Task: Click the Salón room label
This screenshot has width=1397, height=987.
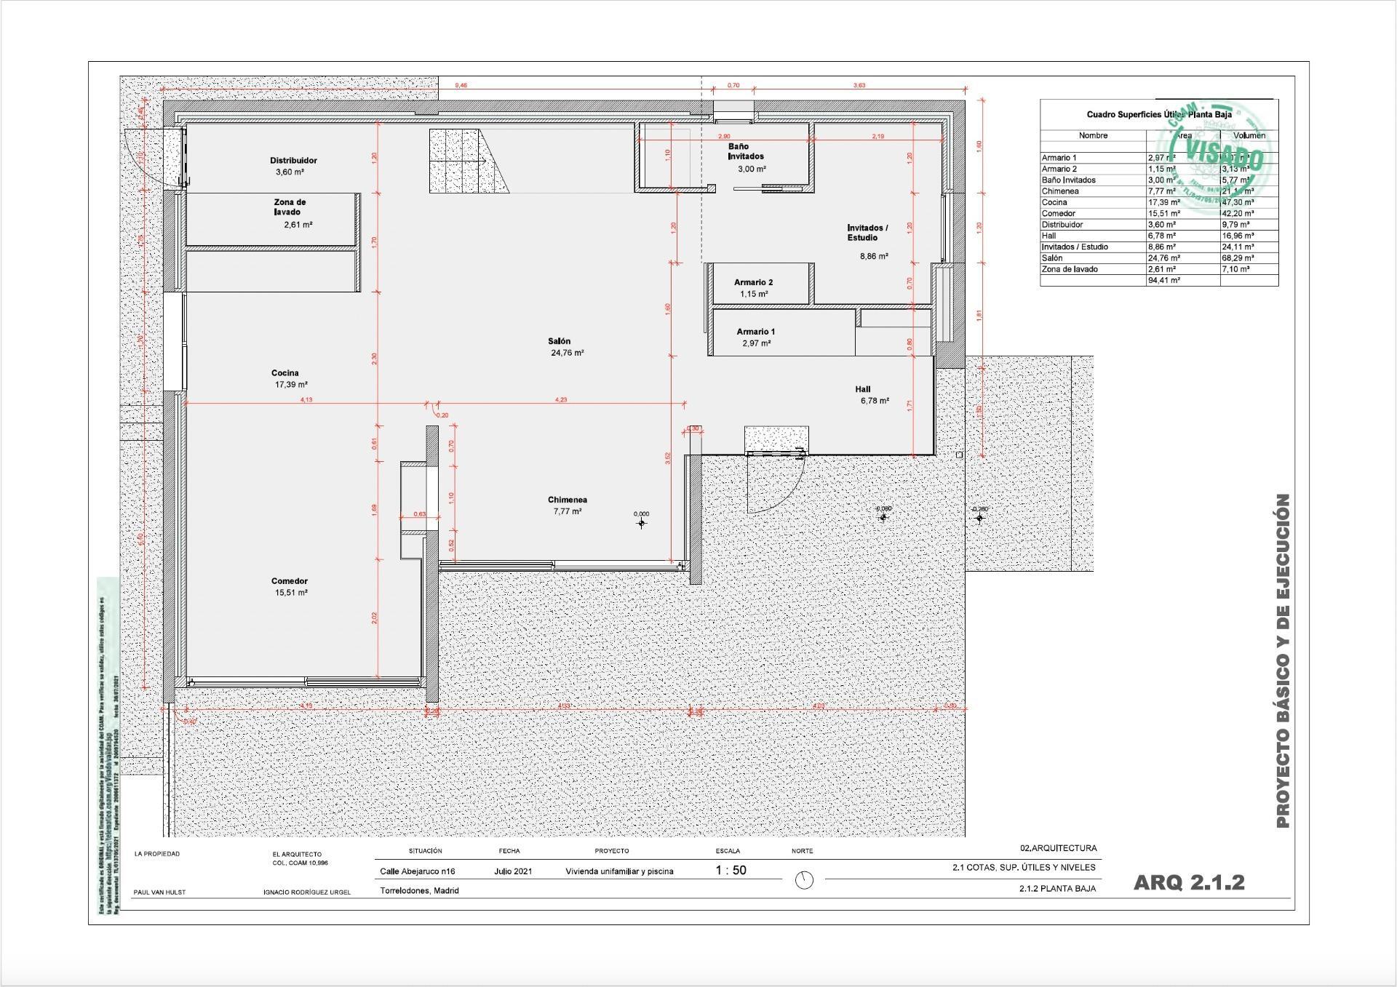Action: point(559,341)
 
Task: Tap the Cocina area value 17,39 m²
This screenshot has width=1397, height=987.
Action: point(290,385)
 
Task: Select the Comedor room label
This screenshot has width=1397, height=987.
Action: point(289,581)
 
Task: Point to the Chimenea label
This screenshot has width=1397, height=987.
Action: point(567,500)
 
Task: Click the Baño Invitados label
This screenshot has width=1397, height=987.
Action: point(746,151)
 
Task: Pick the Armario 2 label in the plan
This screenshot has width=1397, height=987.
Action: point(753,282)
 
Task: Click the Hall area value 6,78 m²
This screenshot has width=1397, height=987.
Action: point(874,401)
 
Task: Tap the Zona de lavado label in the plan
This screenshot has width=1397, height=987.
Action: point(289,207)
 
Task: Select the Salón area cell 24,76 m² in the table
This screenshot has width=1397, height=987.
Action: point(1164,258)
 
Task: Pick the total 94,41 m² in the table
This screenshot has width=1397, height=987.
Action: point(1163,280)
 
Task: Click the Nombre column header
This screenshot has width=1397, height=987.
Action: point(1093,135)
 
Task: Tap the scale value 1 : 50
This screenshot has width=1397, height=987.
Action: point(731,870)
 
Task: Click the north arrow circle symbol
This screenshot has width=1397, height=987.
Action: point(803,880)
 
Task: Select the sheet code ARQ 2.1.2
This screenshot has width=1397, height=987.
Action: point(1188,882)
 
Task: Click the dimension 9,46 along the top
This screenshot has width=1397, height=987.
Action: point(461,86)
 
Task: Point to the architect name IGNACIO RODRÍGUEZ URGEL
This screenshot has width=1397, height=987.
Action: point(306,892)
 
